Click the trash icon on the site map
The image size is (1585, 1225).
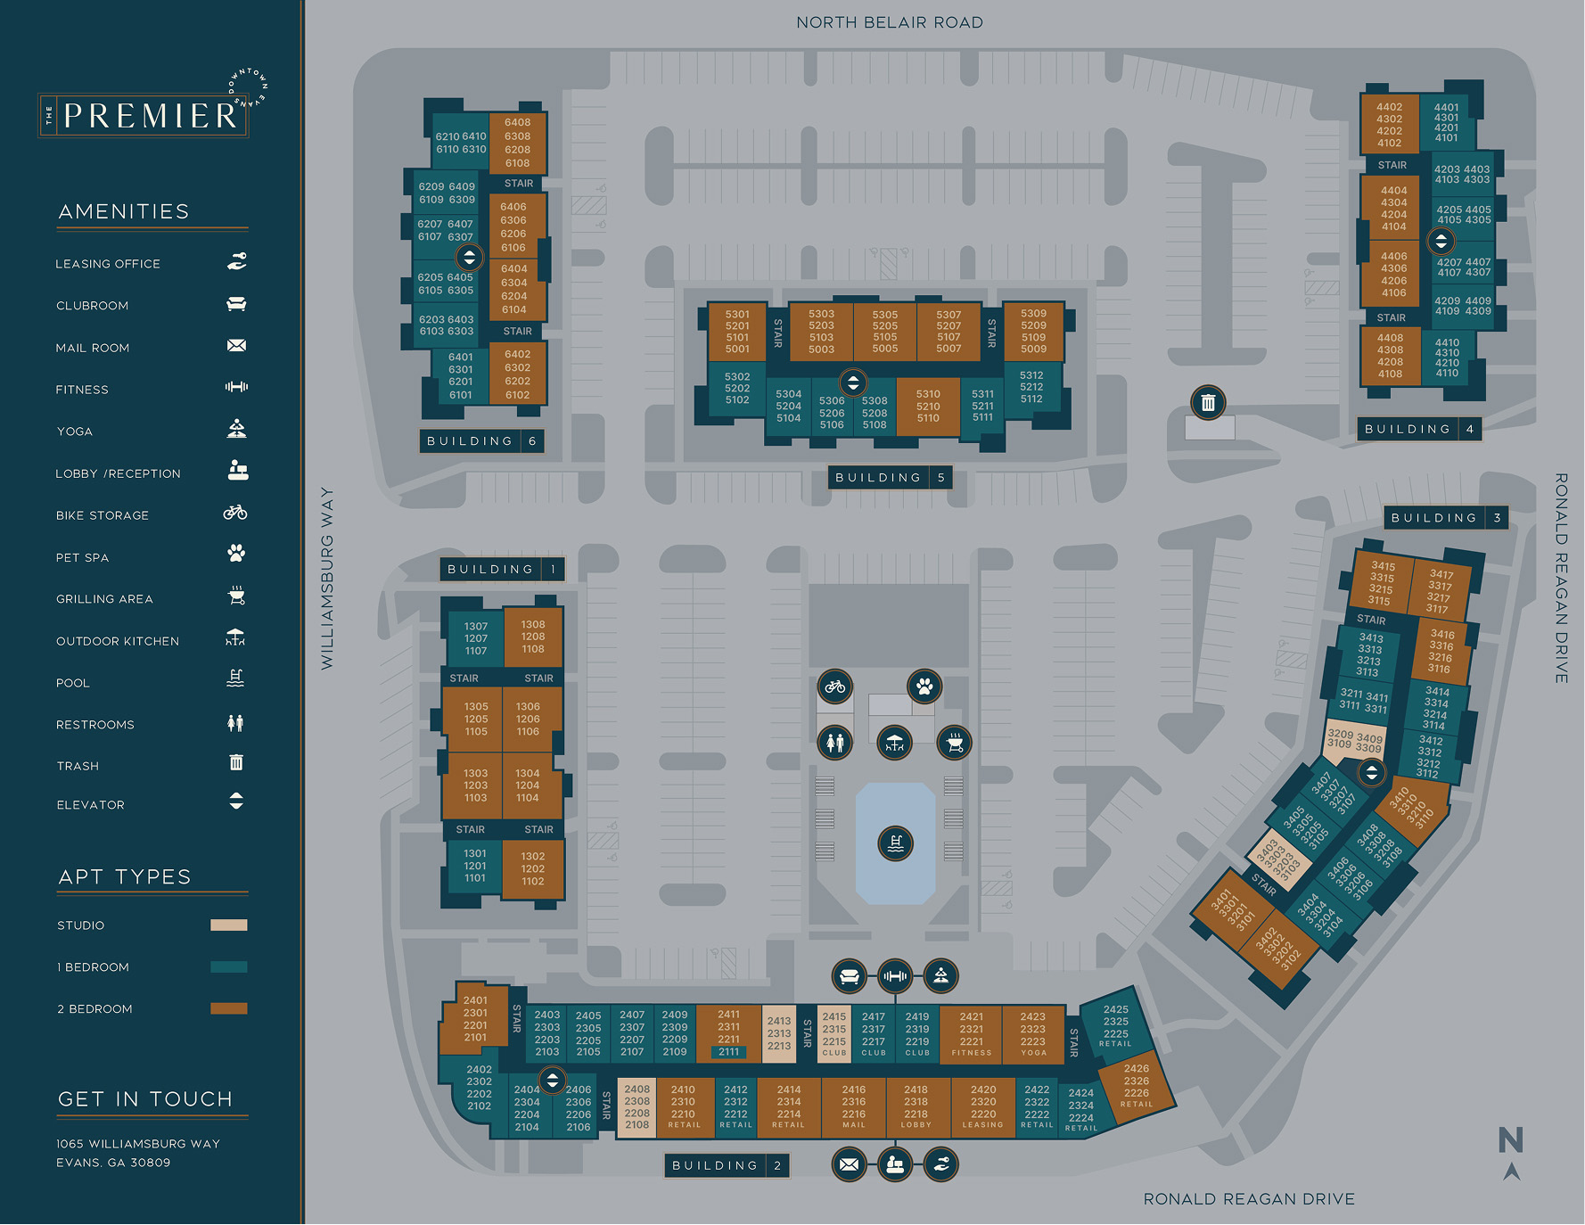(x=1208, y=403)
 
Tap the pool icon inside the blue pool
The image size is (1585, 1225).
(x=895, y=843)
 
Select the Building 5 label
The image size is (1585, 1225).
(x=890, y=478)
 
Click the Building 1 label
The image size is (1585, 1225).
(x=502, y=569)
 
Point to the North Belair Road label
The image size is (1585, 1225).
(x=889, y=22)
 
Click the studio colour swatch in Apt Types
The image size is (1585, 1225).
(x=228, y=925)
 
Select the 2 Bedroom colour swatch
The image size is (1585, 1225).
(x=228, y=1008)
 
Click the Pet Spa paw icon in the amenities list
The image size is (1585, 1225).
(x=236, y=554)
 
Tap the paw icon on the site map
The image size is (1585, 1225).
(x=924, y=686)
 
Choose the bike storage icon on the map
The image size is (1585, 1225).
(x=835, y=686)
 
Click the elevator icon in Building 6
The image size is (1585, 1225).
(x=469, y=258)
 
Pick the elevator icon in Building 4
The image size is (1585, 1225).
(x=1441, y=241)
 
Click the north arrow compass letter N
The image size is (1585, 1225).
(x=1510, y=1140)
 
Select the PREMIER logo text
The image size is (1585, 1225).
(x=150, y=116)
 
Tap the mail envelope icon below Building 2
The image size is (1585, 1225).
(x=849, y=1164)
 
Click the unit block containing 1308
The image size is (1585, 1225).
(x=533, y=637)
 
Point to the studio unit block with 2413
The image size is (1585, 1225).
(x=779, y=1034)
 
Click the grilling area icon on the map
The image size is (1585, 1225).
(x=954, y=743)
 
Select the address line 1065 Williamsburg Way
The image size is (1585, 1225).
(x=138, y=1144)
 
